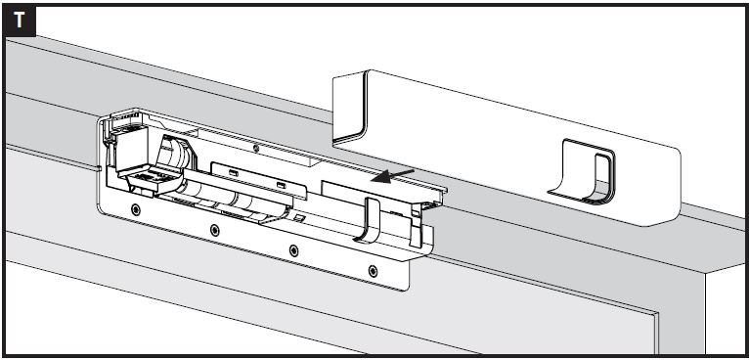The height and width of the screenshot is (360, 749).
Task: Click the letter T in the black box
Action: (20, 21)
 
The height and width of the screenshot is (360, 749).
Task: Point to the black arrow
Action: (393, 175)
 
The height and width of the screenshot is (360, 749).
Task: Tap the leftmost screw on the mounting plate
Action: (136, 209)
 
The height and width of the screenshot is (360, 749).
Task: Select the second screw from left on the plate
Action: (215, 230)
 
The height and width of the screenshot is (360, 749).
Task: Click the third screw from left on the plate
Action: (293, 250)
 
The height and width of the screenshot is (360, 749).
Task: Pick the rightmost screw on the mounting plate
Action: (374, 271)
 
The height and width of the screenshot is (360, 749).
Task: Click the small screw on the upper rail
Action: (256, 149)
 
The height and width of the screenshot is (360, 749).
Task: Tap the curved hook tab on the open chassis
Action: (368, 220)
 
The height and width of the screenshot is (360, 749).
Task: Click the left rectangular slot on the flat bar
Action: (234, 173)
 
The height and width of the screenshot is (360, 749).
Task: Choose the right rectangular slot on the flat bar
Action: (282, 186)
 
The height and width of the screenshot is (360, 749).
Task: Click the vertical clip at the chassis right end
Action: (416, 225)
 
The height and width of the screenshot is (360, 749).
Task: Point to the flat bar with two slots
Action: (259, 180)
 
